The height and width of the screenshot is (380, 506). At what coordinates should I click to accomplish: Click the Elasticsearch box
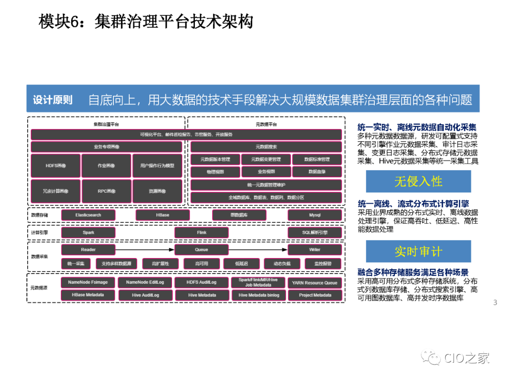[88, 215]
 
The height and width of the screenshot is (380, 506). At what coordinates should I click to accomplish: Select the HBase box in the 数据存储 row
[163, 215]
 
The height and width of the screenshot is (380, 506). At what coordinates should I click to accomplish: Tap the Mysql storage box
[315, 215]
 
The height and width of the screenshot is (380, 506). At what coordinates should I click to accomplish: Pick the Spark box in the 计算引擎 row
[88, 232]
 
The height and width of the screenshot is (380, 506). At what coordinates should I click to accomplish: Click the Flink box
[201, 232]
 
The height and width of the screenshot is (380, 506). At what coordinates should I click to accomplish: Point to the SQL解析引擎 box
[315, 232]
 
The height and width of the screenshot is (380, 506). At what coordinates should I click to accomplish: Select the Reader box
[88, 250]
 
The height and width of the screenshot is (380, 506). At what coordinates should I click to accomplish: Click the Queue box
[201, 250]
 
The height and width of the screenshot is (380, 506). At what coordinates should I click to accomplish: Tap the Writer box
[315, 250]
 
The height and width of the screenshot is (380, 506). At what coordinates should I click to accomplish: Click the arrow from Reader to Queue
[145, 250]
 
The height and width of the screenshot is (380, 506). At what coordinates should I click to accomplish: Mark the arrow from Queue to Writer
[258, 250]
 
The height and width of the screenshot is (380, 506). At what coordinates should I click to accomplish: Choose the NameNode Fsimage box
[88, 282]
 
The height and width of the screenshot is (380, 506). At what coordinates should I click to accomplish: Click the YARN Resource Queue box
[315, 282]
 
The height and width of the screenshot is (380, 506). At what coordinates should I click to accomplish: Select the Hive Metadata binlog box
[259, 295]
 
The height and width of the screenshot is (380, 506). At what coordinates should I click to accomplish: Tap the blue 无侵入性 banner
[418, 182]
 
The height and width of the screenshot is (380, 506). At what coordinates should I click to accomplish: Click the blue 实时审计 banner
[418, 251]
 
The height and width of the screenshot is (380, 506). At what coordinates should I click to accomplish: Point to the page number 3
[495, 303]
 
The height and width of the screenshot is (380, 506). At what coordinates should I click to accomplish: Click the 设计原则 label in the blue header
[52, 99]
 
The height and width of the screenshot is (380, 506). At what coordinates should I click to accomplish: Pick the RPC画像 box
[106, 191]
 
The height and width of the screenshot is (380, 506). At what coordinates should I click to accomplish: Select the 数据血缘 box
[317, 172]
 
